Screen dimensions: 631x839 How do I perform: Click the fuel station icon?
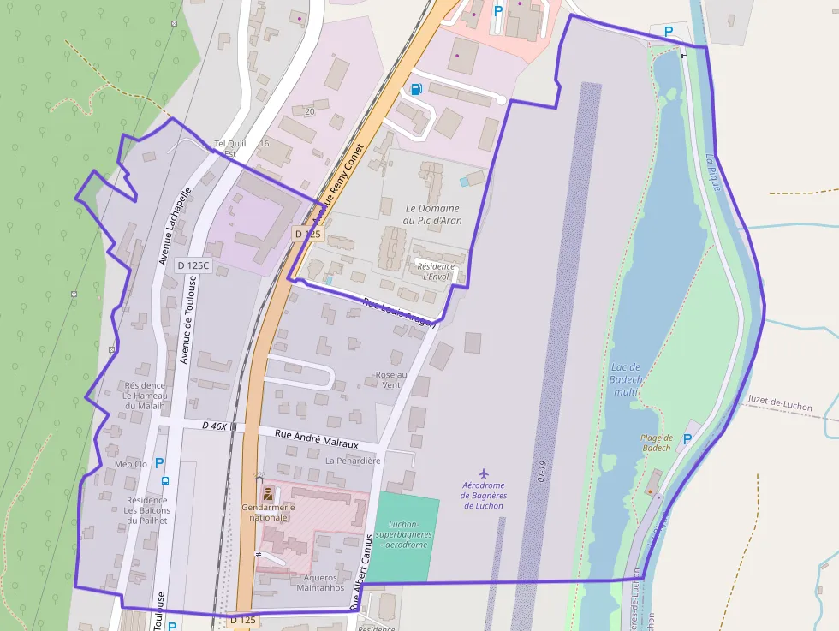(416, 89)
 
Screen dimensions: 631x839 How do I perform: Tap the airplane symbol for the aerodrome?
(484, 473)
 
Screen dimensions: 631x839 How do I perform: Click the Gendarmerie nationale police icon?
(268, 494)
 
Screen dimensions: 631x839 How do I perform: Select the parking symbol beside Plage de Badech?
(687, 438)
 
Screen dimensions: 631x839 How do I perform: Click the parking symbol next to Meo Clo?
(159, 463)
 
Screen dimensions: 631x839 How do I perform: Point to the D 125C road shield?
(193, 265)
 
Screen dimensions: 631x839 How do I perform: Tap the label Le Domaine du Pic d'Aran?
(432, 214)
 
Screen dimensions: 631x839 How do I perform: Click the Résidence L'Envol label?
(436, 271)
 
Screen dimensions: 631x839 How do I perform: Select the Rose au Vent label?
(391, 379)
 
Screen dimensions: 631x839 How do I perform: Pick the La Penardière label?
(352, 460)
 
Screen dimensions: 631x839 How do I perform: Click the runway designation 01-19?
(540, 472)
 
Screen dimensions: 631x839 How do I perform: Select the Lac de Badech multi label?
(627, 379)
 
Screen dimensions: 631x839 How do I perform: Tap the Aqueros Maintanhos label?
(320, 582)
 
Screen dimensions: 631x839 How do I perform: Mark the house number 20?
(309, 111)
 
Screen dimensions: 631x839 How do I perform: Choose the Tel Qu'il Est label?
(229, 148)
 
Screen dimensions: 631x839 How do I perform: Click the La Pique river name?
(712, 170)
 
